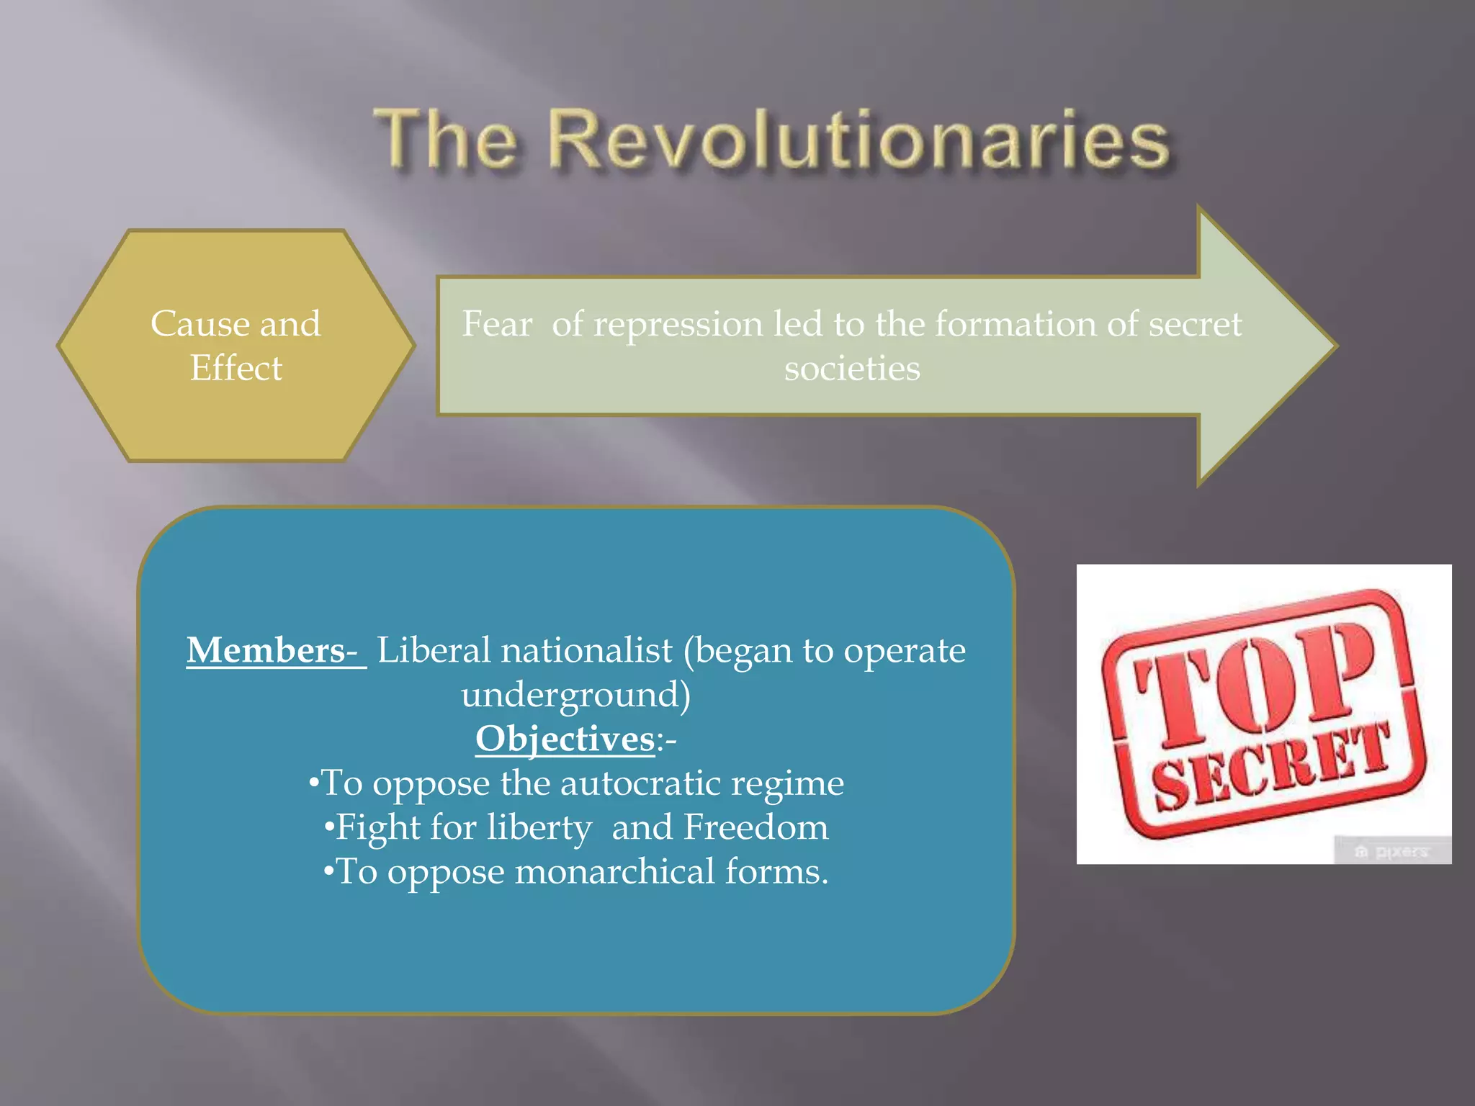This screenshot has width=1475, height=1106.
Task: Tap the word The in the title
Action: pos(447,140)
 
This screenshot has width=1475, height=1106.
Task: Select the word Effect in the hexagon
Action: pos(236,368)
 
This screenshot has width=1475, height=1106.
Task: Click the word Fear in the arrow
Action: pos(497,323)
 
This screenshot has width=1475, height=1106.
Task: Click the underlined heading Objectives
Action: pos(565,739)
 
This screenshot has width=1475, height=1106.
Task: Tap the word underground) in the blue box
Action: pos(575,695)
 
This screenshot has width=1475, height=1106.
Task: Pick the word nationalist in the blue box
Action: pos(586,650)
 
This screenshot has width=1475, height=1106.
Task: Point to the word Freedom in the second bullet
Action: pos(756,827)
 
